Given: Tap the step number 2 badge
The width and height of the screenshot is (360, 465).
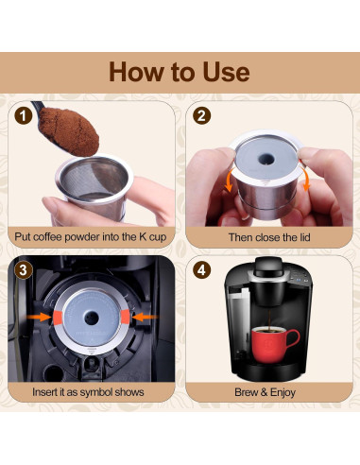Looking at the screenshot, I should tap(200, 117).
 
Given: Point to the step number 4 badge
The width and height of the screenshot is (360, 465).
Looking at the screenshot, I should tap(200, 270).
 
